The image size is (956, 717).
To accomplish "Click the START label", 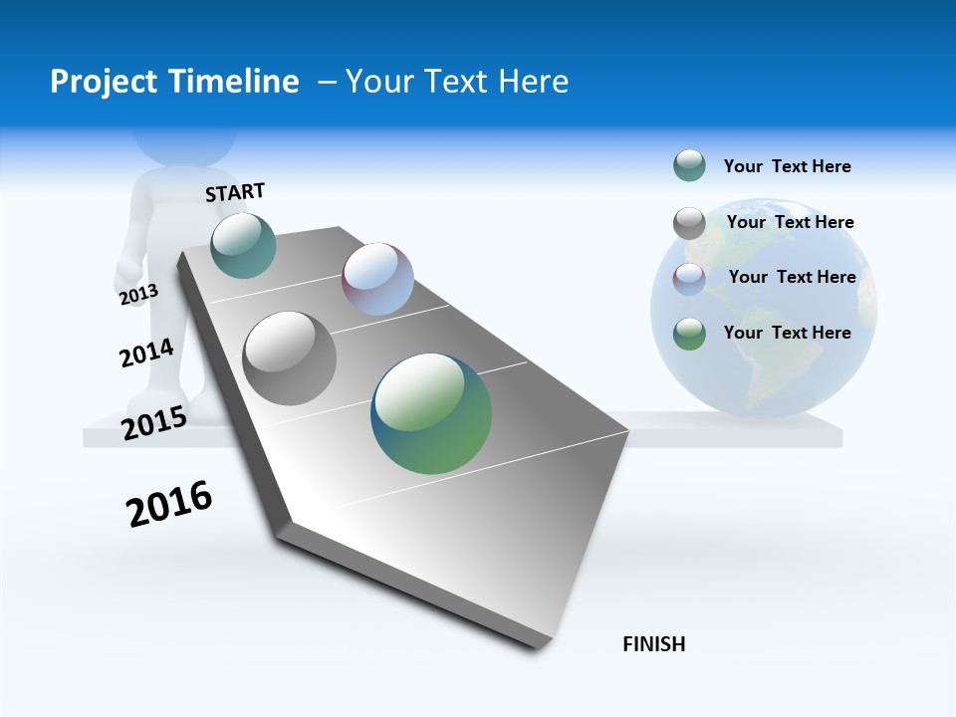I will click(235, 192).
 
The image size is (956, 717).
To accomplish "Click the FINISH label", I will click(653, 644).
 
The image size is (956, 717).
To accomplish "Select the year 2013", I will click(138, 295).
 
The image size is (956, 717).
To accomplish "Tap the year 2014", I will click(146, 353).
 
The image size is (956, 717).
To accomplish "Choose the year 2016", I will click(169, 504).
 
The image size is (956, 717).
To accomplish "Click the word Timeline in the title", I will click(240, 82).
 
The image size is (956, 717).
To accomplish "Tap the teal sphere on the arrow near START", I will click(243, 245).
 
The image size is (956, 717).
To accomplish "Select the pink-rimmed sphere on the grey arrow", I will click(377, 279).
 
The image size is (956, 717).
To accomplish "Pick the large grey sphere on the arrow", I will click(290, 358).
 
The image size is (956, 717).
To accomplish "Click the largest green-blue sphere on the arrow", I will click(431, 413).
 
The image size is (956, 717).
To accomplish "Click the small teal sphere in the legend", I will click(689, 166).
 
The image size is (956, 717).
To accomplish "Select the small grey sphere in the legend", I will click(689, 223).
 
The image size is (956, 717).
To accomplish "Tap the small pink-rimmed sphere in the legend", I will click(689, 278).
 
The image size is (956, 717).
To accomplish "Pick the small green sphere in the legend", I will click(689, 334).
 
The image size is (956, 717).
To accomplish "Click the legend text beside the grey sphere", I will click(790, 222).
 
